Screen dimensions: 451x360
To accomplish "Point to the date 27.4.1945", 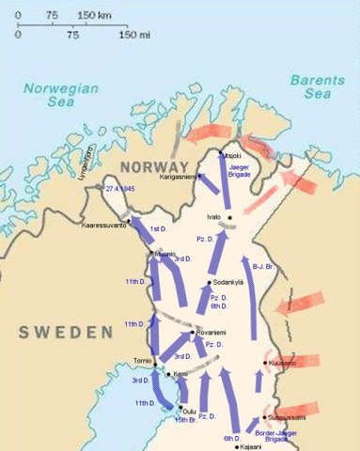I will pos(123,189).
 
